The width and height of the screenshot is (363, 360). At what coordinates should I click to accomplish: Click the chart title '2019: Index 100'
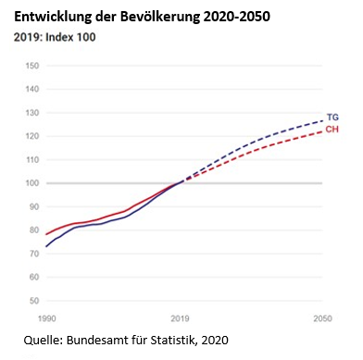click(x=55, y=38)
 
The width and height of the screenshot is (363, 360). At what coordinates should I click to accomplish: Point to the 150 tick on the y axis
click(x=32, y=66)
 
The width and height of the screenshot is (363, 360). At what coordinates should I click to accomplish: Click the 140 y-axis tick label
click(x=32, y=90)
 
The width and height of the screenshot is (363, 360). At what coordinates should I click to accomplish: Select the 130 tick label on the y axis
click(x=32, y=113)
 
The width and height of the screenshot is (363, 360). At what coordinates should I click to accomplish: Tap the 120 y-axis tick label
click(x=32, y=136)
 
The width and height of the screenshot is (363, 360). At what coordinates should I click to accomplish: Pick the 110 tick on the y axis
click(x=32, y=160)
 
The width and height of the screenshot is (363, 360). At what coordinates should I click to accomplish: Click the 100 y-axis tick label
click(x=32, y=183)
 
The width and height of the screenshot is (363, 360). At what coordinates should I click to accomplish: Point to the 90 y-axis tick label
click(x=33, y=207)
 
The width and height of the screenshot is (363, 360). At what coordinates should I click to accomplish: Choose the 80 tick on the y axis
click(x=33, y=230)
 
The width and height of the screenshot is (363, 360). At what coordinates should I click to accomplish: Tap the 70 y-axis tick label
click(x=33, y=254)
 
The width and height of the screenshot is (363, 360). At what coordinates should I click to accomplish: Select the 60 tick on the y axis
click(x=33, y=278)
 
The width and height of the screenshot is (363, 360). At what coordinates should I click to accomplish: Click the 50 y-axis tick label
click(x=33, y=301)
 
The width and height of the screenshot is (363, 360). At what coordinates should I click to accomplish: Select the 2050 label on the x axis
click(x=321, y=317)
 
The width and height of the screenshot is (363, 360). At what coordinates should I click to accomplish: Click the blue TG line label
click(x=333, y=118)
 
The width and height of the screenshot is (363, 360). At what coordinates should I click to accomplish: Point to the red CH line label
click(x=333, y=130)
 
